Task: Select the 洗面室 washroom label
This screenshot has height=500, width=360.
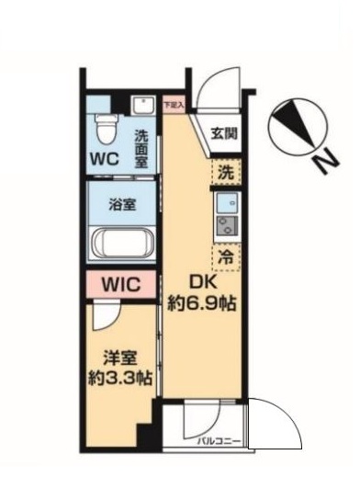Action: (x=142, y=148)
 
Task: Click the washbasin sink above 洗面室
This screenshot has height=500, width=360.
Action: (x=141, y=106)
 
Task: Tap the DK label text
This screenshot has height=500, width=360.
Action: (x=205, y=284)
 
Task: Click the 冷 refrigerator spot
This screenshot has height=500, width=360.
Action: (x=224, y=256)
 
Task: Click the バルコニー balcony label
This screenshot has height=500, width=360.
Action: (x=219, y=442)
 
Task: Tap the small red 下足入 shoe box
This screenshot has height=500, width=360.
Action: (x=173, y=104)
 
